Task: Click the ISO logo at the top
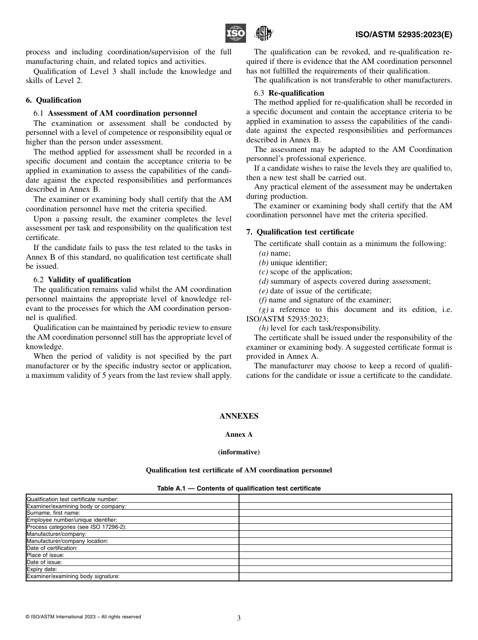(235, 34)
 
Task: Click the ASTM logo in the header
(263, 34)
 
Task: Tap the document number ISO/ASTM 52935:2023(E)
(404, 35)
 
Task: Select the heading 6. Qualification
(53, 100)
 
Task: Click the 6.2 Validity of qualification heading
(82, 280)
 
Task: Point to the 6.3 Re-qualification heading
(289, 93)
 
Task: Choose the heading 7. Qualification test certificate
(300, 232)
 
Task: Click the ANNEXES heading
(239, 416)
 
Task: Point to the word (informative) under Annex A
(239, 452)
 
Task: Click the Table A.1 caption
(239, 488)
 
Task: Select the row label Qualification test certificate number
(72, 499)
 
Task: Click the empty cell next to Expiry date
(345, 569)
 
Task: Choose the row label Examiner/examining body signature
(73, 577)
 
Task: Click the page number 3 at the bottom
(239, 618)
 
